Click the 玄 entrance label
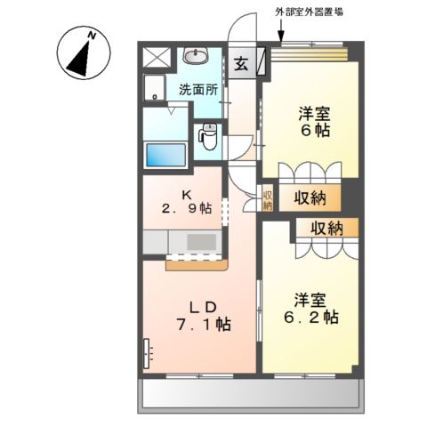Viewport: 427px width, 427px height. pos(242,64)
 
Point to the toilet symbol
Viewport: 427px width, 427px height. pos(209,138)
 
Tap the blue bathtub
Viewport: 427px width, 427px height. pos(165,154)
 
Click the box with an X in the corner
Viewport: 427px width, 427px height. pos(157,58)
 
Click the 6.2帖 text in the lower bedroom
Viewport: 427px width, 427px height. pos(311,316)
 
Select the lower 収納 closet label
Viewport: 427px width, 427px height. pos(326,228)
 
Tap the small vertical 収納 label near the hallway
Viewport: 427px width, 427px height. pos(267,198)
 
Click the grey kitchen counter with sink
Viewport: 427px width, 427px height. pos(188,242)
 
